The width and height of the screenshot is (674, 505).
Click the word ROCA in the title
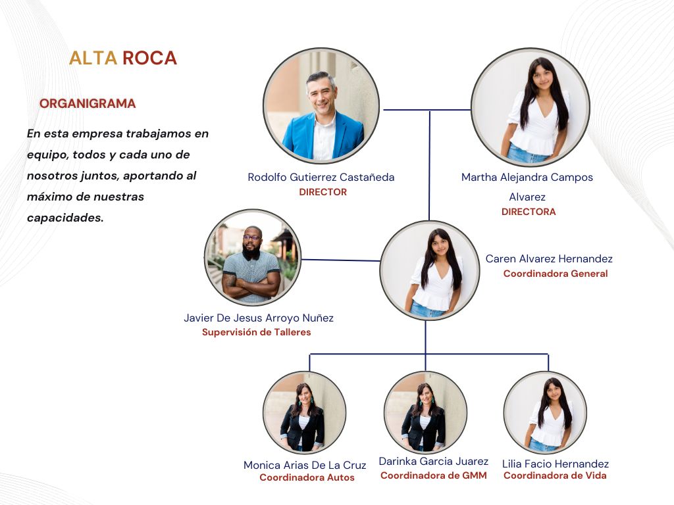click(x=149, y=58)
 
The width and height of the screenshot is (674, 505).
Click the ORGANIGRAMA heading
click(x=88, y=104)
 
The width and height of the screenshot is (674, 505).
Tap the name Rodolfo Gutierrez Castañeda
click(x=321, y=178)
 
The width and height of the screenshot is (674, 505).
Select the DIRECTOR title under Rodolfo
click(x=323, y=192)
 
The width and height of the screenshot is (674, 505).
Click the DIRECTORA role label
click(x=529, y=212)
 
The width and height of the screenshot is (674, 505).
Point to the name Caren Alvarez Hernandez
click(x=549, y=259)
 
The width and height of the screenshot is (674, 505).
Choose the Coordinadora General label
click(x=556, y=274)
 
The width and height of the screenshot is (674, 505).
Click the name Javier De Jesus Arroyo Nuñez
click(x=259, y=318)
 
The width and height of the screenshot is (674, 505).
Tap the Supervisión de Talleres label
click(x=256, y=332)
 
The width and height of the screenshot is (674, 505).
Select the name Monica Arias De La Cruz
click(x=305, y=466)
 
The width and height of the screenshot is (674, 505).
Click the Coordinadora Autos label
click(x=307, y=478)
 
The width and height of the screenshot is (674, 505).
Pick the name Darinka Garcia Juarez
click(x=434, y=462)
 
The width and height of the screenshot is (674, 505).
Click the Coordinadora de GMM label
click(x=434, y=475)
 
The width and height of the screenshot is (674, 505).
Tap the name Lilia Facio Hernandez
click(x=556, y=464)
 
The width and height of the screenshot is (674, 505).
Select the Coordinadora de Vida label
click(x=555, y=475)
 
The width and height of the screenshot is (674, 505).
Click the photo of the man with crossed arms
click(x=252, y=257)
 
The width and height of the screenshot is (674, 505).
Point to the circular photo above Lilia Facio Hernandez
click(x=545, y=412)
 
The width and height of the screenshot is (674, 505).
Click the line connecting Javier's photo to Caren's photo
click(x=340, y=260)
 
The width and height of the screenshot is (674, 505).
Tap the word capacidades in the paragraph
click(x=65, y=217)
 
